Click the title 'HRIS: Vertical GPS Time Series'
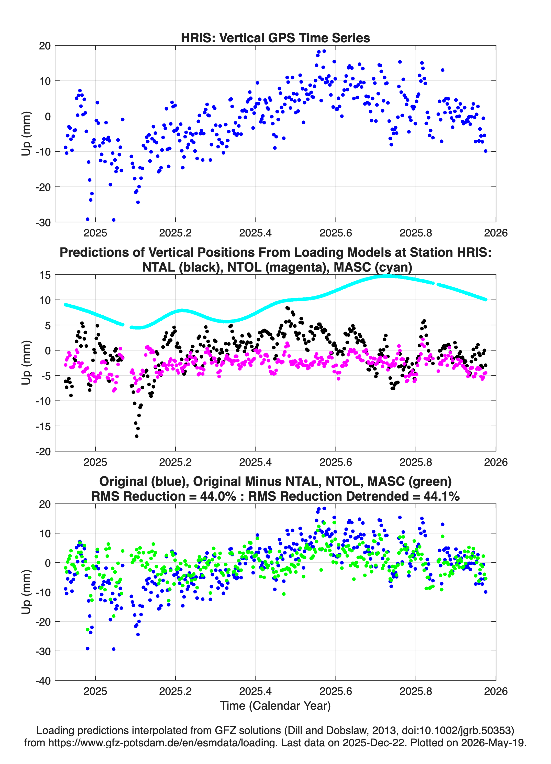(275, 38)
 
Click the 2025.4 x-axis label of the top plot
(255, 233)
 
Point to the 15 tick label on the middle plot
(45, 275)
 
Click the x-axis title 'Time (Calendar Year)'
(275, 705)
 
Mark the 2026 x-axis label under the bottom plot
(495, 691)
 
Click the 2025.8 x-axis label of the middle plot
(415, 462)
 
